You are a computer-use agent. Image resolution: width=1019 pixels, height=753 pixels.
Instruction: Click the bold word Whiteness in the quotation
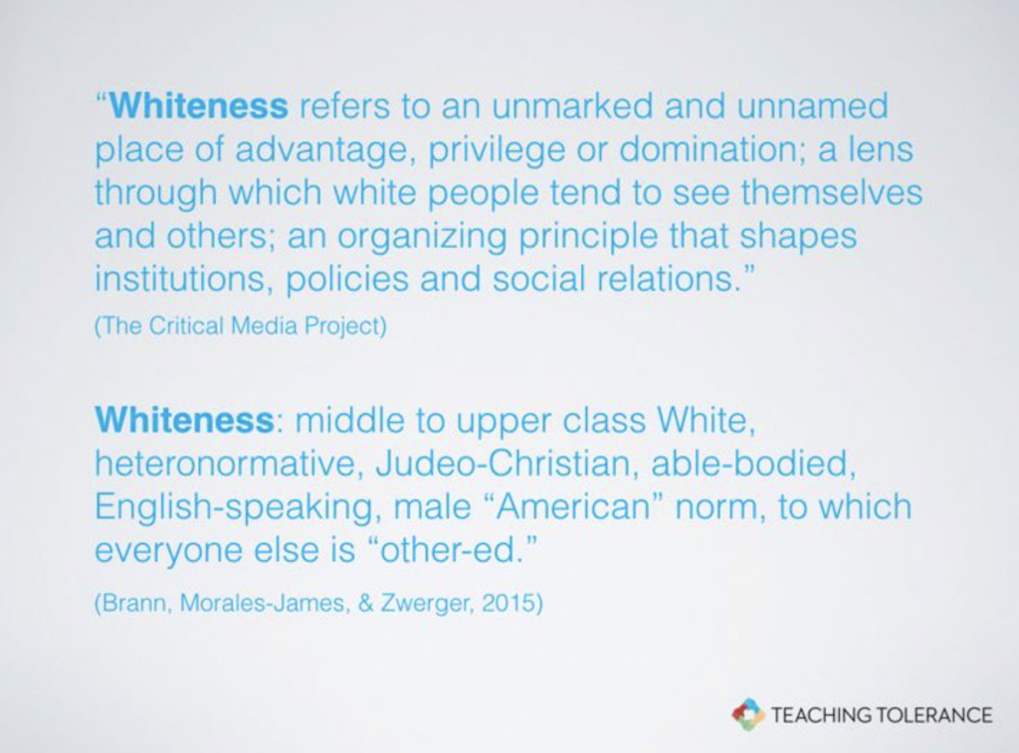pos(198,105)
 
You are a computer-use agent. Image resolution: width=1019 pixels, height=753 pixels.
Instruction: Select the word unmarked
pos(572,105)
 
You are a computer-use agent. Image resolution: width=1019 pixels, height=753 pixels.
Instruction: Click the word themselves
pos(831,192)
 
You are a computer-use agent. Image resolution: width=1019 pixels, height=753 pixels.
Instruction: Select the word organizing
pos(421,237)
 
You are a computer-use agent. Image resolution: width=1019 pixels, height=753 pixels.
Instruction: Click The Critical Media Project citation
pos(241,325)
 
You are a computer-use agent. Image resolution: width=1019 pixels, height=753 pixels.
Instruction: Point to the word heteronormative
pos(227,464)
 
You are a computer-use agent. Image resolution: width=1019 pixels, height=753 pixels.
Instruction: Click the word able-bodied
pos(752,464)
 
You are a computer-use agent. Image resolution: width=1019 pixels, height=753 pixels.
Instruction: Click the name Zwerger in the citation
pos(424,604)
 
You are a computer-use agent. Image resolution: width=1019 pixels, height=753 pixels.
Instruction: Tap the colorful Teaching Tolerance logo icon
pos(747,714)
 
